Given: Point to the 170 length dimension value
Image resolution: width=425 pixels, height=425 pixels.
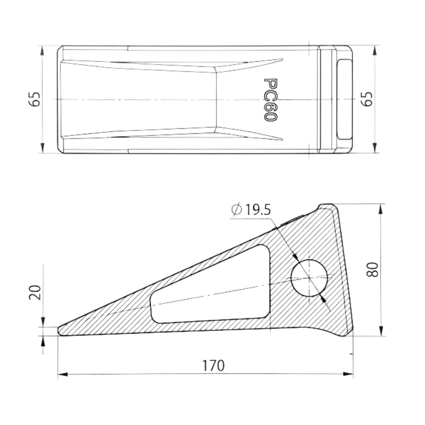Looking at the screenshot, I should click(x=213, y=365).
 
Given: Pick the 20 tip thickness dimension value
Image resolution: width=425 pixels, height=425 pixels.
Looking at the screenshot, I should click(x=36, y=293).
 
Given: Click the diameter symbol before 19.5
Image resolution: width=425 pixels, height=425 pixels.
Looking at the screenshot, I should click(x=237, y=209).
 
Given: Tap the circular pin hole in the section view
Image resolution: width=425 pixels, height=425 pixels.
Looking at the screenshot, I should click(x=309, y=277).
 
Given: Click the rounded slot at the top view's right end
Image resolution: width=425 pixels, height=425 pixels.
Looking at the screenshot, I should click(x=345, y=99).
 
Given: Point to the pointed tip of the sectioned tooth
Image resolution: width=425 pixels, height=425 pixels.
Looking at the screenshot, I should click(x=59, y=331).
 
